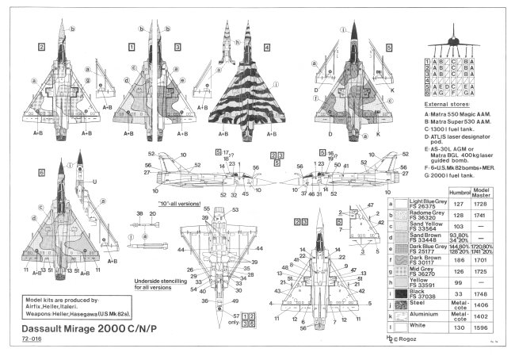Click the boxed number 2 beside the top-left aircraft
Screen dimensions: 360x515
point(40,47)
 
